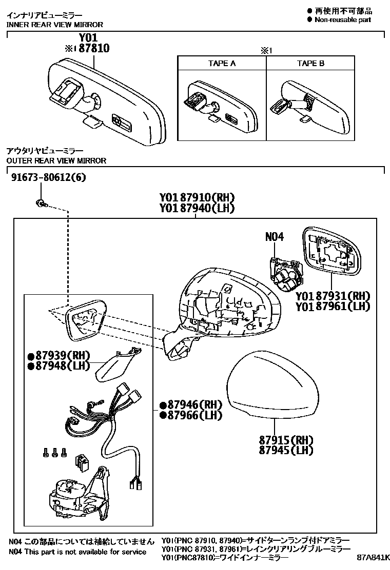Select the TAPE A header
click(222, 64)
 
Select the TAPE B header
click(310, 64)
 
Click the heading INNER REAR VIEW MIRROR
click(54, 25)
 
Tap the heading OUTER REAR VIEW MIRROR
click(56, 160)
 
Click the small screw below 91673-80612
click(41, 204)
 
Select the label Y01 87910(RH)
click(197, 197)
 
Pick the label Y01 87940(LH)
click(197, 208)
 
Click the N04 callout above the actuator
click(275, 237)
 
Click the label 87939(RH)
click(59, 355)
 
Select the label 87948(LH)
click(59, 365)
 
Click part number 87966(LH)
click(190, 415)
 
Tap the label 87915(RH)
click(286, 440)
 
